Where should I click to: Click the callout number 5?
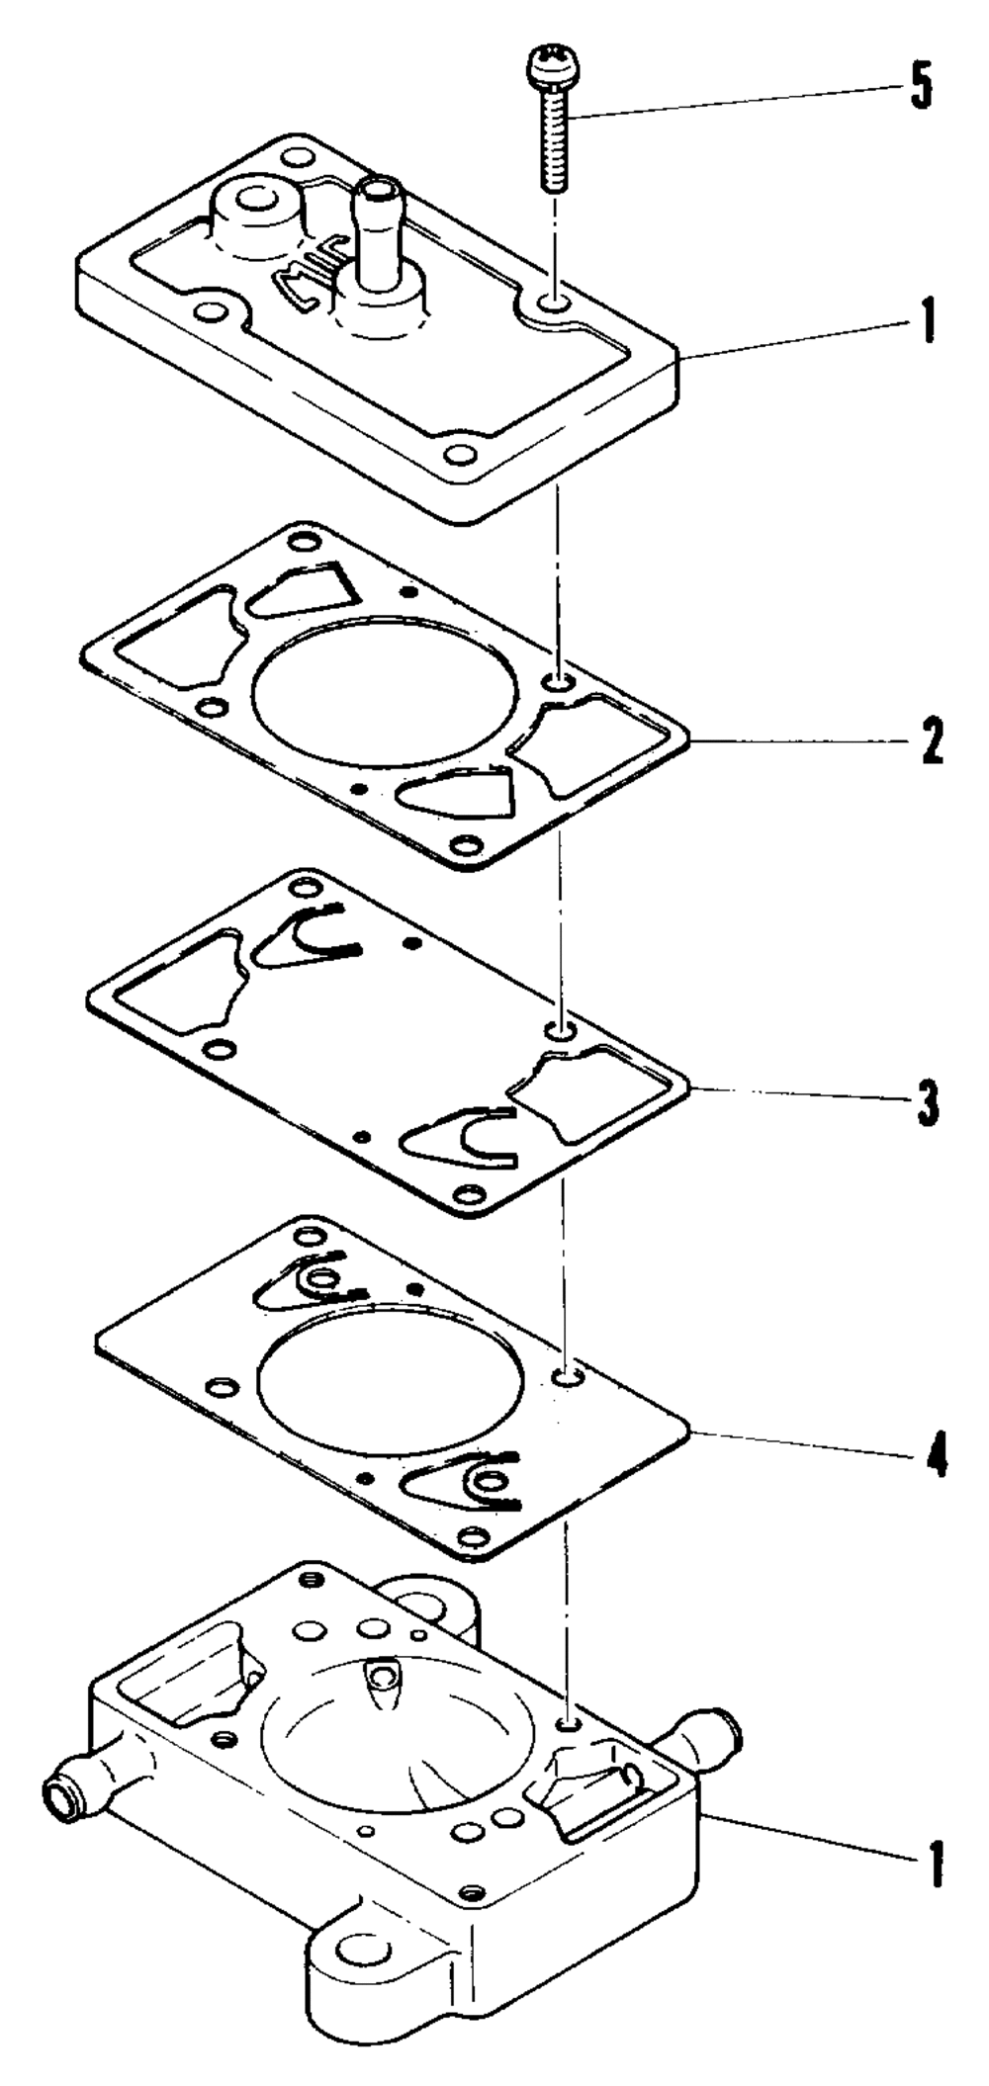(920, 89)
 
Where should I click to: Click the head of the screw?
(554, 63)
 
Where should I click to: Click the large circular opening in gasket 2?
(386, 692)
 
